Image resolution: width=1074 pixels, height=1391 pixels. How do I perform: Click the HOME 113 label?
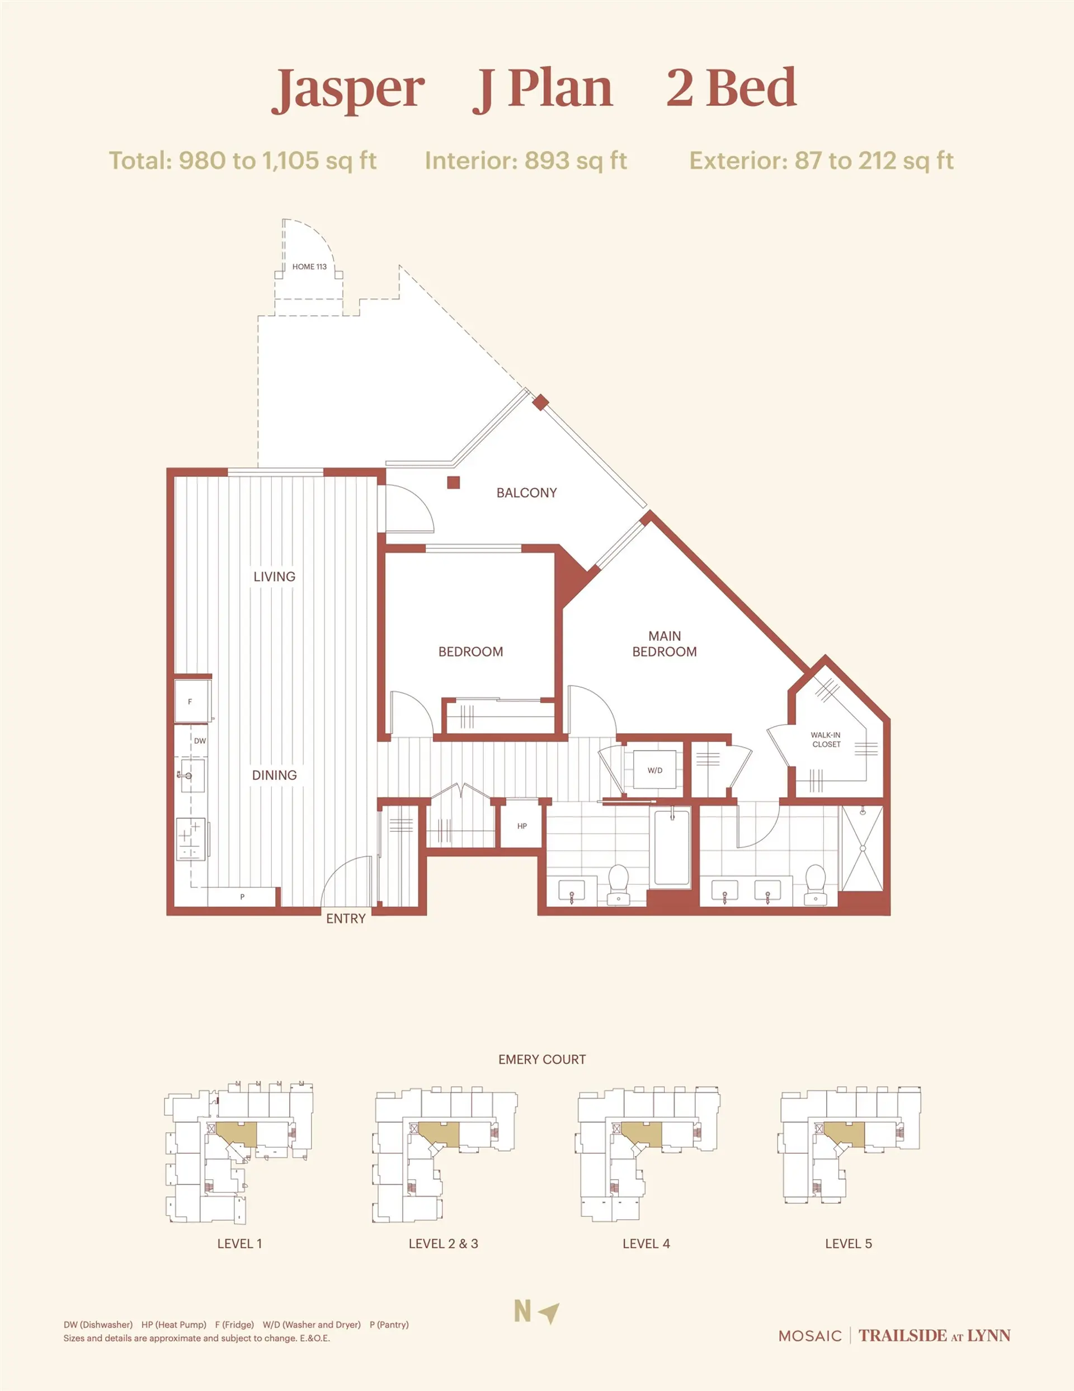pyautogui.click(x=309, y=267)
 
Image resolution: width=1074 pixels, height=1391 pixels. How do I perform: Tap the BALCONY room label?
pyautogui.click(x=526, y=493)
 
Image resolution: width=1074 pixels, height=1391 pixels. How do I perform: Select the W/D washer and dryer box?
pyautogui.click(x=655, y=770)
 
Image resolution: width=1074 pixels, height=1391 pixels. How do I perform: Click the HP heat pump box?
pyautogui.click(x=522, y=826)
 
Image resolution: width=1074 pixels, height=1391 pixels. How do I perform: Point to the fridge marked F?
pyautogui.click(x=190, y=701)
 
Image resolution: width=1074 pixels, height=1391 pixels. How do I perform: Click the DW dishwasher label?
pyautogui.click(x=200, y=741)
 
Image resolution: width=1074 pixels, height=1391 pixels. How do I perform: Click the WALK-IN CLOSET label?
pyautogui.click(x=826, y=739)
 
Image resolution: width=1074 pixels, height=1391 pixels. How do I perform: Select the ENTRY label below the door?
pyautogui.click(x=346, y=919)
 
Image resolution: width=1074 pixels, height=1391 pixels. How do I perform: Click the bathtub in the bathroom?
pyautogui.click(x=672, y=847)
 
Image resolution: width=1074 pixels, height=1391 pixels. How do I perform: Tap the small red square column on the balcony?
pyautogui.click(x=453, y=483)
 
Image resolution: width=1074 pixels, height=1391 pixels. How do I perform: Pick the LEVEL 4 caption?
pyautogui.click(x=646, y=1243)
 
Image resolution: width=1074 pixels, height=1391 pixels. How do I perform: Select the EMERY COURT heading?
pyautogui.click(x=542, y=1059)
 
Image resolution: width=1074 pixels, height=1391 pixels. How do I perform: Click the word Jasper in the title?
pyautogui.click(x=349, y=89)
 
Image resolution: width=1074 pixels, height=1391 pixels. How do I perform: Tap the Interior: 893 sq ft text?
pyautogui.click(x=526, y=161)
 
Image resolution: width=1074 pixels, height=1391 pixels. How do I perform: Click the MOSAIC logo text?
pyautogui.click(x=810, y=1336)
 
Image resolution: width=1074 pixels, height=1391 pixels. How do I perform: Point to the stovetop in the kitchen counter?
pyautogui.click(x=190, y=840)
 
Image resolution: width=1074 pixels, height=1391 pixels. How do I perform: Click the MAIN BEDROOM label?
pyautogui.click(x=664, y=643)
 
